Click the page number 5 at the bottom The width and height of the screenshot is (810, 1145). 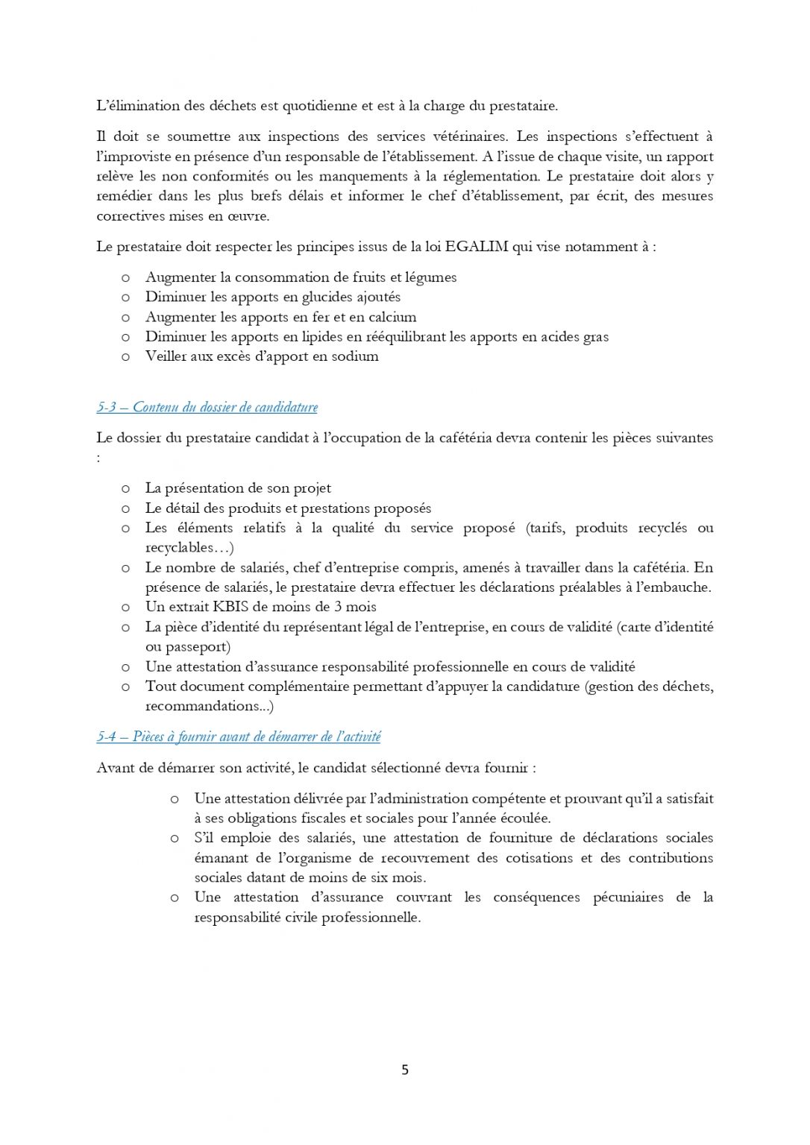(x=405, y=1070)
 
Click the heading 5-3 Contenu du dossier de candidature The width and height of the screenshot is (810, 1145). (x=207, y=407)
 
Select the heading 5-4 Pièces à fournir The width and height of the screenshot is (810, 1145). (x=238, y=736)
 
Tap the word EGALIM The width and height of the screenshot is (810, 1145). (x=477, y=247)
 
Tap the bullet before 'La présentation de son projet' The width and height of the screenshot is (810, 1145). (x=125, y=488)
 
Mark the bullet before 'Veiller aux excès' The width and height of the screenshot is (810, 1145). (x=125, y=356)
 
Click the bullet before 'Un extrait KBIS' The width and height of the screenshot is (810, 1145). (x=125, y=607)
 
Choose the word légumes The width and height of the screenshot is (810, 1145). (x=430, y=277)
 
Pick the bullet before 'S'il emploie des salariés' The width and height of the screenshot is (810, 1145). (x=175, y=838)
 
